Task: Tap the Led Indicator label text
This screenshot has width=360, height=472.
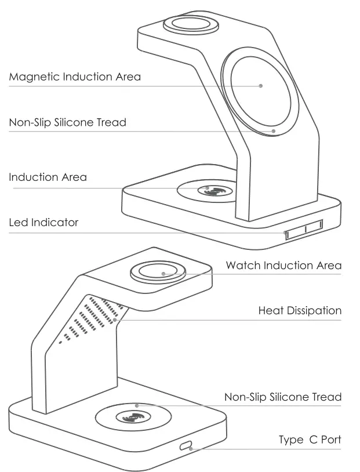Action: pyautogui.click(x=43, y=222)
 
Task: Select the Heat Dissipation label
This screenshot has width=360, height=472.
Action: pyautogui.click(x=300, y=311)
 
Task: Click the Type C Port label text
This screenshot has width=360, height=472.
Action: pyautogui.click(x=310, y=440)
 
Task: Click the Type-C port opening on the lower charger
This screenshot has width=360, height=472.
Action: pyautogui.click(x=186, y=446)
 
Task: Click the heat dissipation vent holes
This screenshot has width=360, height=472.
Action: pyautogui.click(x=93, y=316)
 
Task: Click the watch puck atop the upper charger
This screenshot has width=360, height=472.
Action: pyautogui.click(x=192, y=25)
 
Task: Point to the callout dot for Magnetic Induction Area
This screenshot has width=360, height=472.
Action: pyautogui.click(x=261, y=86)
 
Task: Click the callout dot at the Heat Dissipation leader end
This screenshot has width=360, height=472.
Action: pyautogui.click(x=115, y=319)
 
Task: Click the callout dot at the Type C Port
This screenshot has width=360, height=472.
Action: pyautogui.click(x=191, y=448)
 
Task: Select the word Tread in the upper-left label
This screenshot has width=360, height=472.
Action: pyautogui.click(x=111, y=122)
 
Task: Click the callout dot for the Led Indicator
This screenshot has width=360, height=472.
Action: pyautogui.click(x=285, y=233)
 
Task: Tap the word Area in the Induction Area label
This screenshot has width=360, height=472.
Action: pyautogui.click(x=74, y=177)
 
